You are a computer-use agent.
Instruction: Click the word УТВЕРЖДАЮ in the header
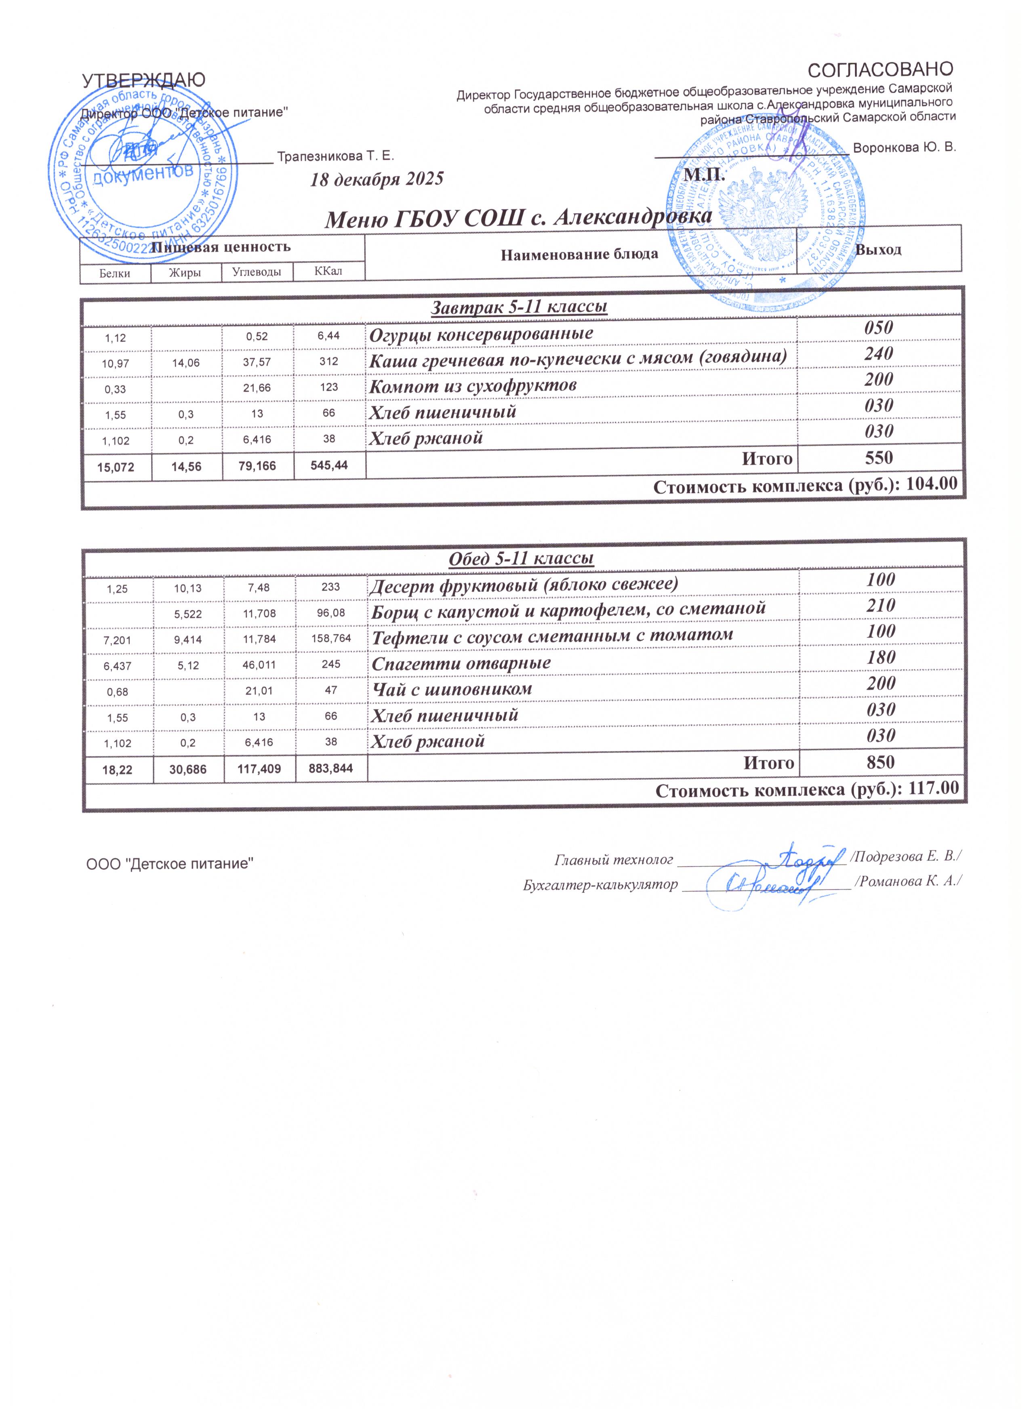pos(144,81)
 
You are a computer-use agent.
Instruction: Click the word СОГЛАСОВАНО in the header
pos(880,69)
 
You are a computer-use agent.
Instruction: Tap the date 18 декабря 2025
pos(377,179)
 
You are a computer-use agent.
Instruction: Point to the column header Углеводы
pos(257,272)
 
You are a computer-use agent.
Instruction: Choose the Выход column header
pos(878,250)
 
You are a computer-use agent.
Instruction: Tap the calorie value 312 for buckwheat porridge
pos(329,362)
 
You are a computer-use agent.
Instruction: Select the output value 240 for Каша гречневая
pos(878,354)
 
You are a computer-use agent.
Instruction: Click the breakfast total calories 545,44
pos(329,465)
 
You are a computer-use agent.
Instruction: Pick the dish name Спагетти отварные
pos(461,663)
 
